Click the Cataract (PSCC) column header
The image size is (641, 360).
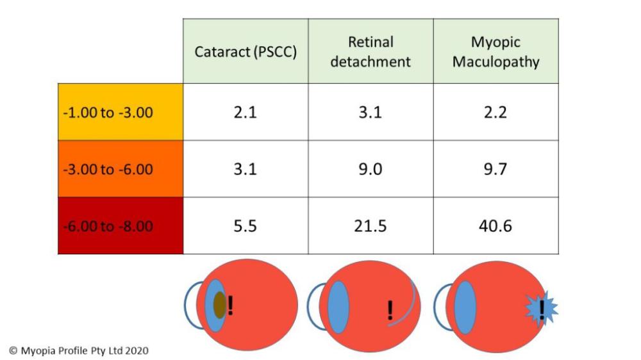click(246, 52)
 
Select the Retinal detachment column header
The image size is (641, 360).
click(370, 52)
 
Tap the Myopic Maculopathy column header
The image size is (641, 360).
click(495, 52)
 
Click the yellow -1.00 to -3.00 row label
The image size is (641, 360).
click(121, 113)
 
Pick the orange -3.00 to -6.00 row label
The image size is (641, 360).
click(121, 170)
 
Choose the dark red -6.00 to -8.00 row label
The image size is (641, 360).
click(121, 226)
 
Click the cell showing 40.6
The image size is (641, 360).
click(495, 226)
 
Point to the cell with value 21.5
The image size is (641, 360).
click(370, 226)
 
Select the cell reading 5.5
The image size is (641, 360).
click(246, 226)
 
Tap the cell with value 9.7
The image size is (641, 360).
click(495, 170)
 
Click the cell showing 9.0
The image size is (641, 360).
click(370, 170)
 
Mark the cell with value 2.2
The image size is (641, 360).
click(495, 113)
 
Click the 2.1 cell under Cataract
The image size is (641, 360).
click(246, 113)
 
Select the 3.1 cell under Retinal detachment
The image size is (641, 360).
click(370, 113)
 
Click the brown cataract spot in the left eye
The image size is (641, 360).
click(220, 305)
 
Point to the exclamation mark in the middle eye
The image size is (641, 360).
click(390, 311)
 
